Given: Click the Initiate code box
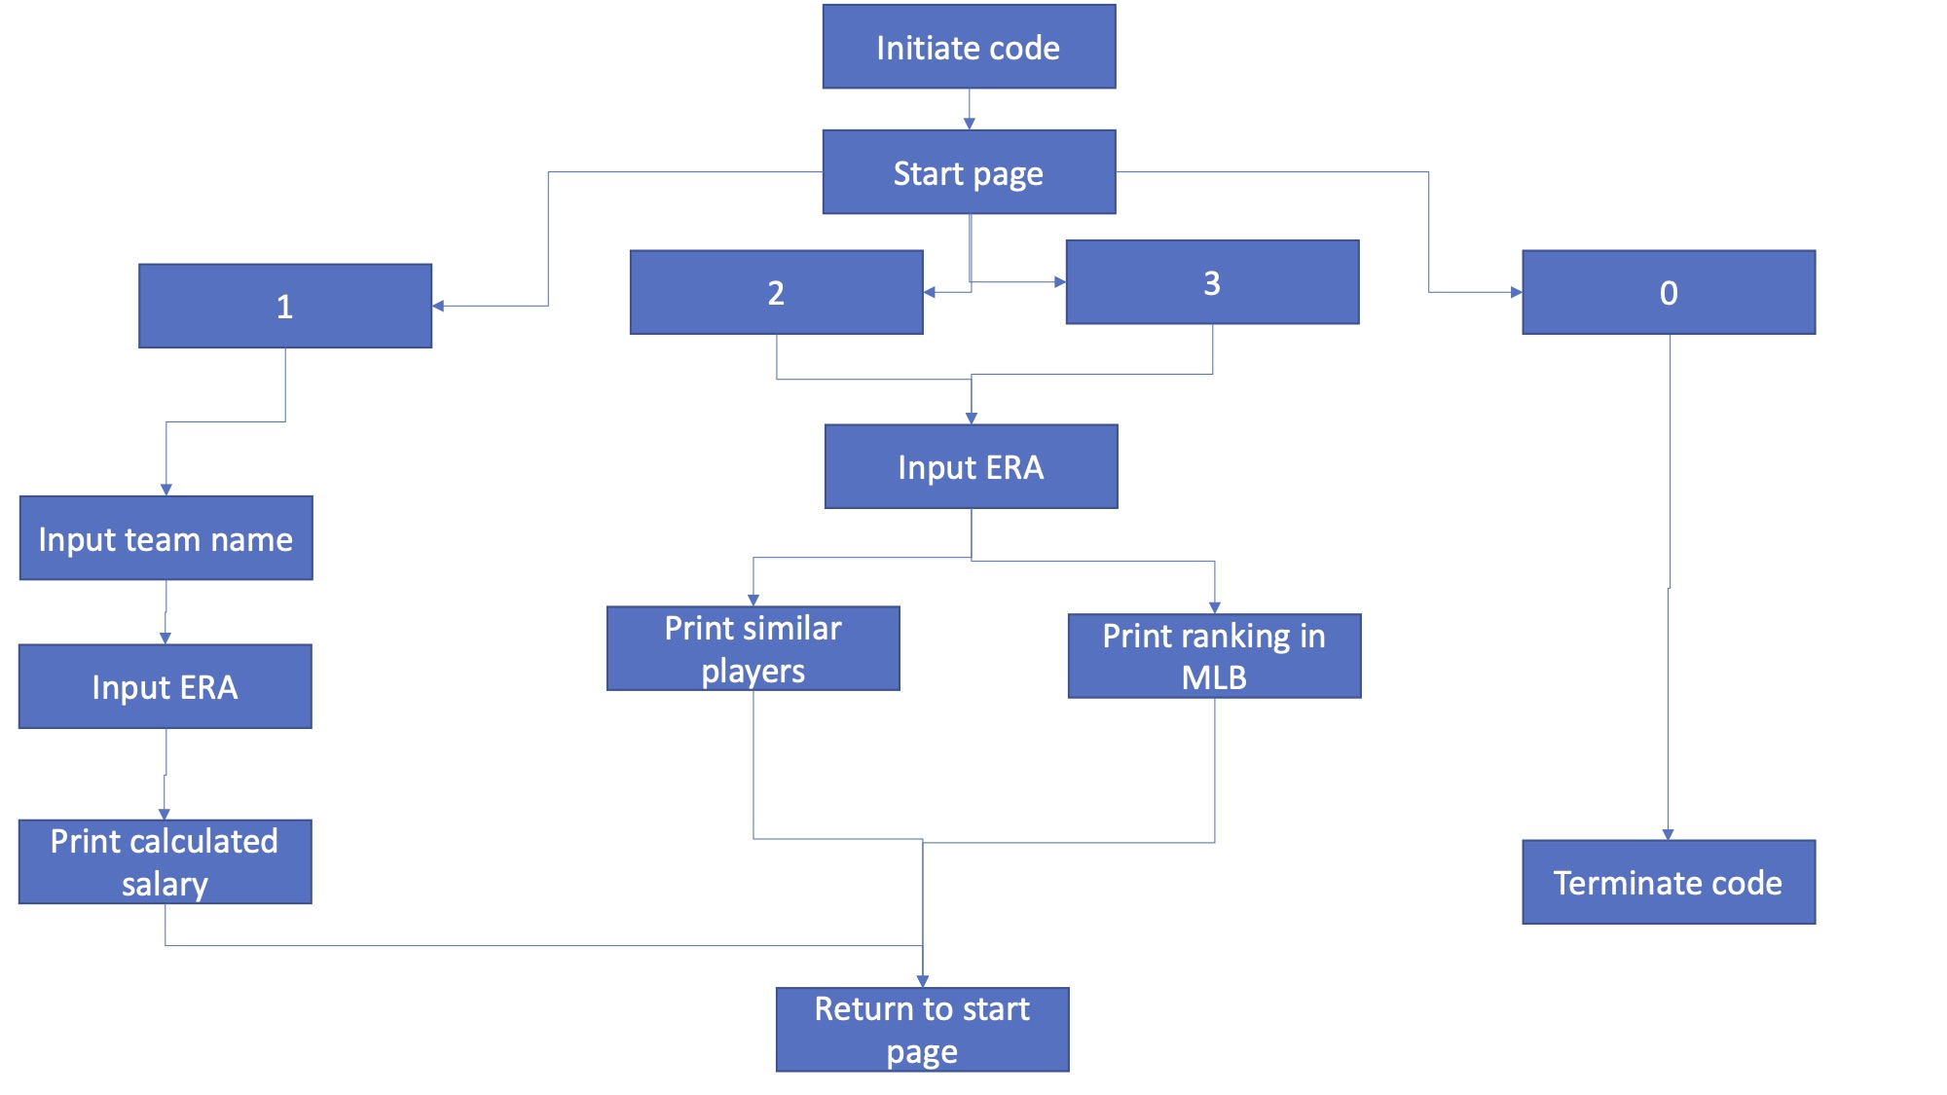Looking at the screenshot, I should [x=969, y=47].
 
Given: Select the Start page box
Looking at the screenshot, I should [x=969, y=172].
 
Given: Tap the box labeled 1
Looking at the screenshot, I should [x=285, y=306].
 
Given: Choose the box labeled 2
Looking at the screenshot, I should [x=776, y=292].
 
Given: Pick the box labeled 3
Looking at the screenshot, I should [x=1212, y=282].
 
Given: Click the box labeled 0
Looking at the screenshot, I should [x=1669, y=292].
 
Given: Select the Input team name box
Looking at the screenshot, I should [x=165, y=538].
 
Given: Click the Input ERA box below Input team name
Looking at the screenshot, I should [x=165, y=686].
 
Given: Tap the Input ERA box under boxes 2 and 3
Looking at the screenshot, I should [x=971, y=466].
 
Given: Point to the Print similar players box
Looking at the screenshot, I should [x=753, y=648].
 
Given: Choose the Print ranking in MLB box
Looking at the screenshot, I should [x=1214, y=655].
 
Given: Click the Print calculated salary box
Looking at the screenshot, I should [x=165, y=861].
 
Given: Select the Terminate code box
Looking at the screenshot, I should [x=1669, y=882].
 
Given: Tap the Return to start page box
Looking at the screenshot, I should [x=922, y=1030].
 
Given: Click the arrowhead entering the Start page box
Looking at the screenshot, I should [x=969, y=124].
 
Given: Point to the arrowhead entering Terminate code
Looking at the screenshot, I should [x=1668, y=834].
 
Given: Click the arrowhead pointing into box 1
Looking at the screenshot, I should [x=438, y=306].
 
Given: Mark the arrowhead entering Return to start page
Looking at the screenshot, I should [x=922, y=981].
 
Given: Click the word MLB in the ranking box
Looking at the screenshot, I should [x=1214, y=677].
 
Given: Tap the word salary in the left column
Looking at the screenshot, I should [x=165, y=884].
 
